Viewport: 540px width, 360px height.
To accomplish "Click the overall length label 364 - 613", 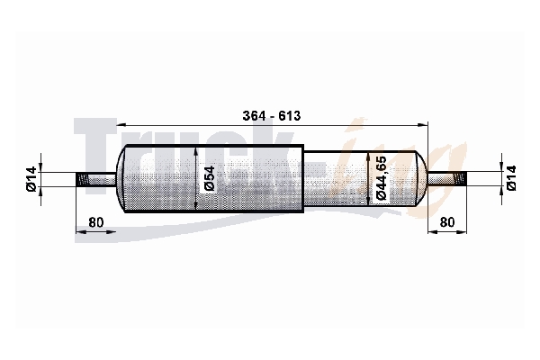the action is pyautogui.click(x=272, y=116).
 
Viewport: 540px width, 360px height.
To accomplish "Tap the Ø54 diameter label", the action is pyautogui.click(x=209, y=178).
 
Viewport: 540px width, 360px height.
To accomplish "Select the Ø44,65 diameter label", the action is pyautogui.click(x=381, y=178).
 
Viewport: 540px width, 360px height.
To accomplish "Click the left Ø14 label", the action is pyautogui.click(x=31, y=179).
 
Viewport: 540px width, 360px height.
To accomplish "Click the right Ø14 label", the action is pyautogui.click(x=511, y=178).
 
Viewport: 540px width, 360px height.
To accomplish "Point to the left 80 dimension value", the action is pyautogui.click(x=95, y=222).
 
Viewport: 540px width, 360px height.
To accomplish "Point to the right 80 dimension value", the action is pyautogui.click(x=447, y=222).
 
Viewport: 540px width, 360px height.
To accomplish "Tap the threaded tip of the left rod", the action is pyautogui.click(x=82, y=180).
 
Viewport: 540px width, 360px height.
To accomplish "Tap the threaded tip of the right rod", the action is pyautogui.click(x=461, y=179).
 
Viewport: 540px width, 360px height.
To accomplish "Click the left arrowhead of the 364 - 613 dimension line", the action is pyautogui.click(x=121, y=125).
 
